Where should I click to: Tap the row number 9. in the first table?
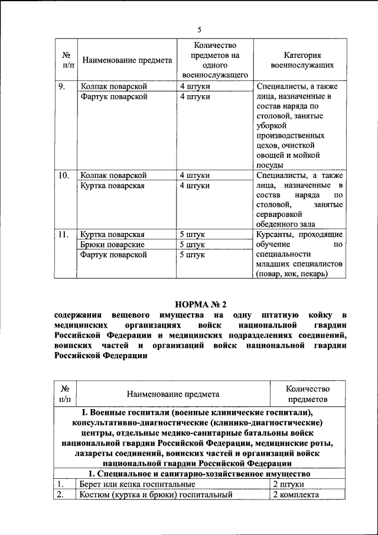61,86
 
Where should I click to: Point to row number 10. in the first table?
64,176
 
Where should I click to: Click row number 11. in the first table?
64,235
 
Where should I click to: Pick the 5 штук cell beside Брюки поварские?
193,245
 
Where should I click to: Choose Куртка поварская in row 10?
112,186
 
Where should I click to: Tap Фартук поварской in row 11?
113,255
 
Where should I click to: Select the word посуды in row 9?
271,166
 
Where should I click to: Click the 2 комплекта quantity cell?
295,495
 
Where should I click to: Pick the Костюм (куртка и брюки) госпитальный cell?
155,495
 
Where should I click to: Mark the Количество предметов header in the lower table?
307,394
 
